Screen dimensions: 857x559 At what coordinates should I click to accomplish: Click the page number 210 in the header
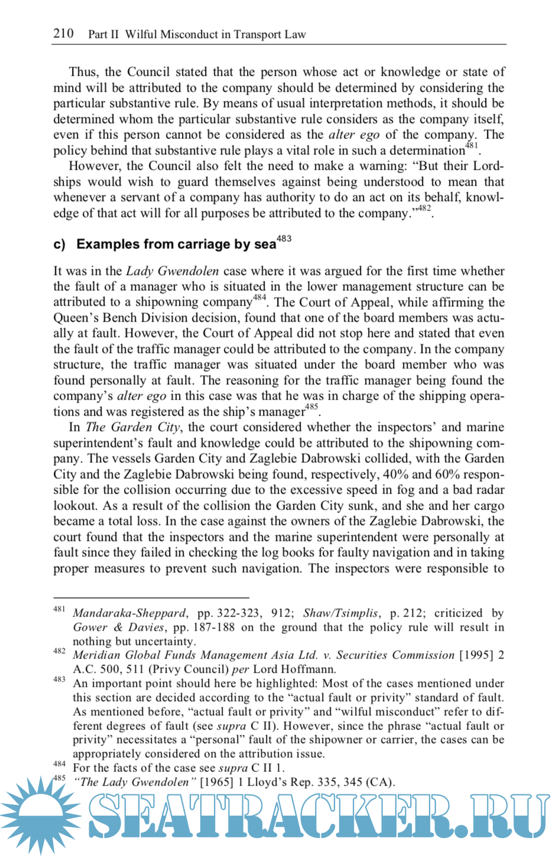coord(63,33)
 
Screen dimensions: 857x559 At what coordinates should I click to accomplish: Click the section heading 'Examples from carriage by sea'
coord(176,244)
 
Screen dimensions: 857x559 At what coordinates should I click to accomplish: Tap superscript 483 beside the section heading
coord(284,238)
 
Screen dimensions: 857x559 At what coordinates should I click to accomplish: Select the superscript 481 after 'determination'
coord(472,145)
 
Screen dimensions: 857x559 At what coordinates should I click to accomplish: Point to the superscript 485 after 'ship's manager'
coord(311,407)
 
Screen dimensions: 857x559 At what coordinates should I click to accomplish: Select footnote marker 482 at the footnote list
coord(59,651)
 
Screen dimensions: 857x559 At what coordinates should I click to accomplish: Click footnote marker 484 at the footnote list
coord(59,764)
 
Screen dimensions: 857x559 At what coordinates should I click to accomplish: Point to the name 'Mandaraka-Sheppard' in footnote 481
coord(129,613)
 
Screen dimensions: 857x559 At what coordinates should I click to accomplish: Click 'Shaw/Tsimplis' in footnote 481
coord(340,613)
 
